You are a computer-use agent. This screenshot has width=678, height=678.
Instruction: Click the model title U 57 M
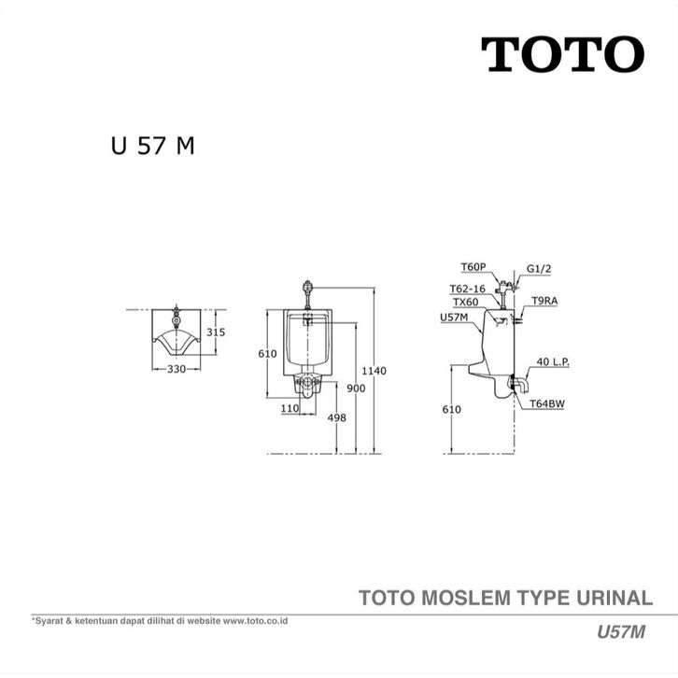[x=151, y=147]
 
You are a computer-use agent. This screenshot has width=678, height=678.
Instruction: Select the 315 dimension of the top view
[x=216, y=332]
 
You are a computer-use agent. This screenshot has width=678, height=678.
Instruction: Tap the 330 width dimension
[x=177, y=369]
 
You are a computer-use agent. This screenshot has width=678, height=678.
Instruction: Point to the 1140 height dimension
[x=374, y=371]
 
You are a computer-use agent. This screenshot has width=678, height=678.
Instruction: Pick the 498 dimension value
[x=336, y=417]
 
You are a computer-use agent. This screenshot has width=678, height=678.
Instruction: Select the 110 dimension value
[x=290, y=408]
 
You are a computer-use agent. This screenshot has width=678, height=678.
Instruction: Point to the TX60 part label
[x=465, y=303]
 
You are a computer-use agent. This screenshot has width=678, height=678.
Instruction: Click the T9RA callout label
[x=544, y=301]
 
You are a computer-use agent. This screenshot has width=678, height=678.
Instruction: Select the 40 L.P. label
[x=554, y=360]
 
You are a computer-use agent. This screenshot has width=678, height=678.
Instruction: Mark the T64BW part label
[x=545, y=404]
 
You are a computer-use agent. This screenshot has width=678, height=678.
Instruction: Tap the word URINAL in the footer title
[x=614, y=598]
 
